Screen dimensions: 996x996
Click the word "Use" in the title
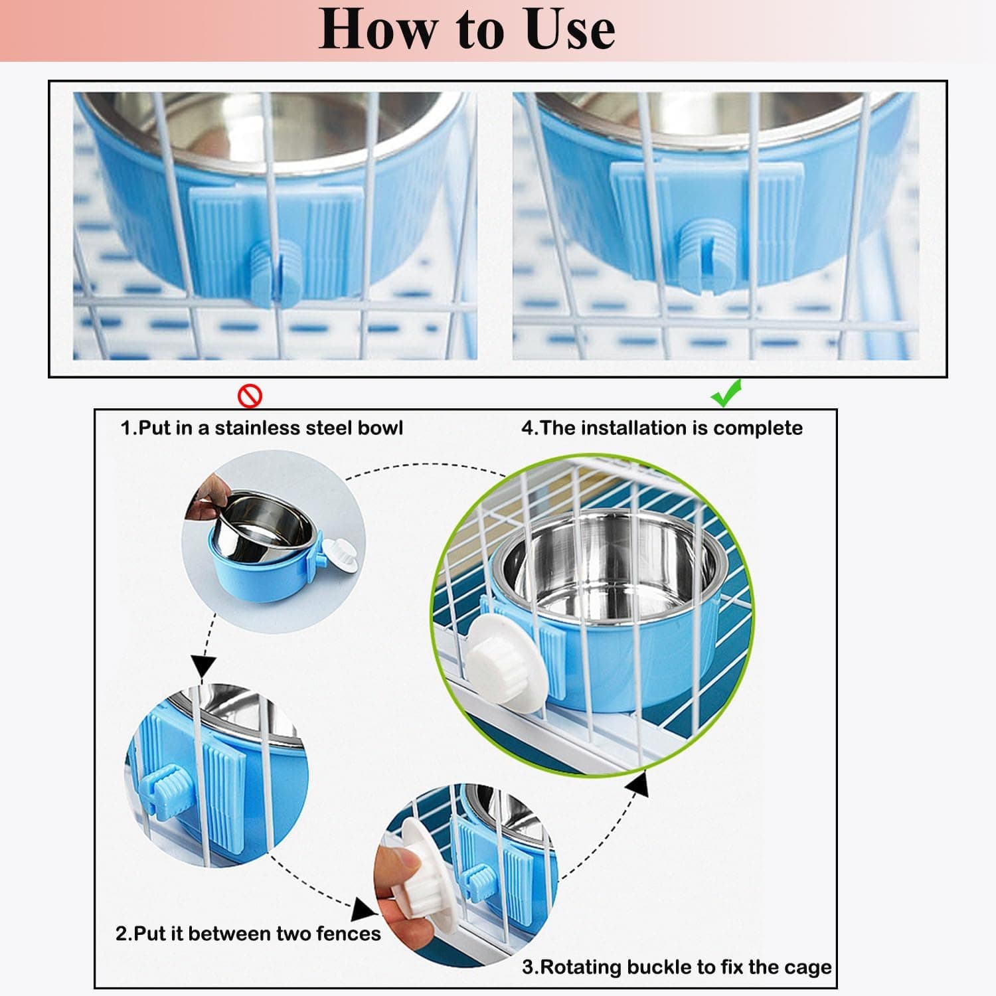pyautogui.click(x=569, y=31)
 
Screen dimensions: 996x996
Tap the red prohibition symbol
pyautogui.click(x=250, y=396)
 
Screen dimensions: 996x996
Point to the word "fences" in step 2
pyautogui.click(x=348, y=934)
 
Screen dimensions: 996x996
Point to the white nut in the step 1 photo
pyautogui.click(x=343, y=554)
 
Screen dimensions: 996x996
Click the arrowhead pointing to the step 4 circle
pyautogui.click(x=638, y=784)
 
